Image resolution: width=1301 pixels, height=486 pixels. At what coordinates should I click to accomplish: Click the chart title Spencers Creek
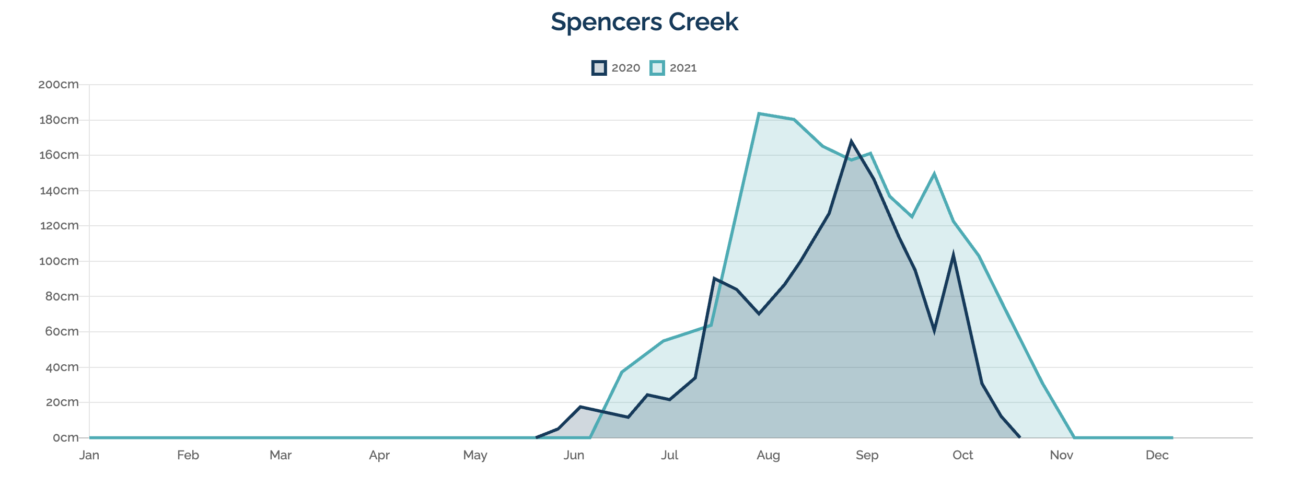point(644,22)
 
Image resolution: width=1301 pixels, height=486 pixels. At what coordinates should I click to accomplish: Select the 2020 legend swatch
point(599,68)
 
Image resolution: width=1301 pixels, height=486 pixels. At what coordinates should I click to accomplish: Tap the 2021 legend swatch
point(657,68)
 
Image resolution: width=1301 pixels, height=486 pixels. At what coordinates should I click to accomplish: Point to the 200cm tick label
point(59,85)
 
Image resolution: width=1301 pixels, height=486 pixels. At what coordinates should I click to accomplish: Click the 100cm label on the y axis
point(59,261)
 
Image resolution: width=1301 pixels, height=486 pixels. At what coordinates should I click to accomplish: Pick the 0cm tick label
point(65,438)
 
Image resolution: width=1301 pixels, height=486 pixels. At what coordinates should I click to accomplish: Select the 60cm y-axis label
point(61,332)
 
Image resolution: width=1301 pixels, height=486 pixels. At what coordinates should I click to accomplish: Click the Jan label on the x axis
point(89,456)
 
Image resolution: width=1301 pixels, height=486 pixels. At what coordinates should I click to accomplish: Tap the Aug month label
point(768,456)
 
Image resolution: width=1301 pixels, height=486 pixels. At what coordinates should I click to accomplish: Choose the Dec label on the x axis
point(1157,456)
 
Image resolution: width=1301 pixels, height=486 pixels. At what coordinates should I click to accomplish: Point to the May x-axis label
point(475,456)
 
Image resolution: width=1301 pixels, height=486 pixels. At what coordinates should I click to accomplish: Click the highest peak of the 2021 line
point(759,113)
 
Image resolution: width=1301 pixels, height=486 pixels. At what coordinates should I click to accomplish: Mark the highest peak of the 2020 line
point(851,141)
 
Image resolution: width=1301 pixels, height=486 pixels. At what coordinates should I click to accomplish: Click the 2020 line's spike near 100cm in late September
point(954,256)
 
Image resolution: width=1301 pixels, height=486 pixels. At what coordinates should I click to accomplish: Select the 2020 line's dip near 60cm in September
point(934,330)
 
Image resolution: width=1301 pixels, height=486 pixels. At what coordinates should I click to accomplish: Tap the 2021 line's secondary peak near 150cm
point(934,174)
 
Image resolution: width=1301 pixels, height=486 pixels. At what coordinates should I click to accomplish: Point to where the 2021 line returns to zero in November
point(1074,437)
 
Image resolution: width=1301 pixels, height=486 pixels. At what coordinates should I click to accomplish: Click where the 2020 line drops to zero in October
point(1019,437)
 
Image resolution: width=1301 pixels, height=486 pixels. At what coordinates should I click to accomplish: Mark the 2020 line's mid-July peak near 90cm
point(714,279)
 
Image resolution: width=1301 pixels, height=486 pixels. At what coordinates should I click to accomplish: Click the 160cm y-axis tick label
point(59,155)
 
